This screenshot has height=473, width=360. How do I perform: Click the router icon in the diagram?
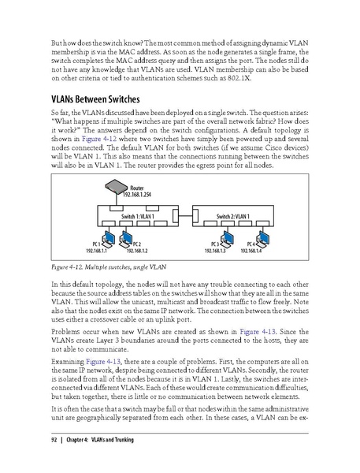click(x=115, y=188)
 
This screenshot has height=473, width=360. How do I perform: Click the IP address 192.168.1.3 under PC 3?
click(x=220, y=250)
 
